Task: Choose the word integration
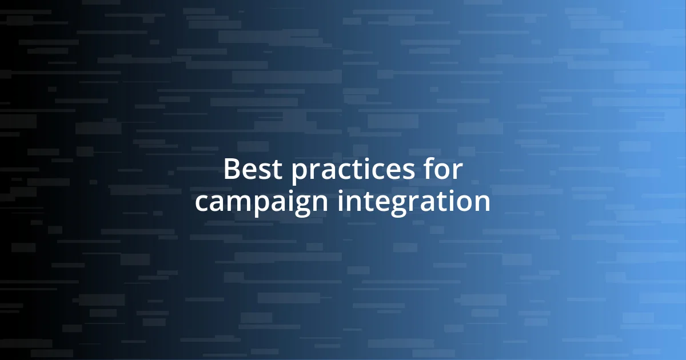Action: click(413, 203)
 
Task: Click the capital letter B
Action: click(231, 170)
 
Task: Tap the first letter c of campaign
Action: click(202, 203)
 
